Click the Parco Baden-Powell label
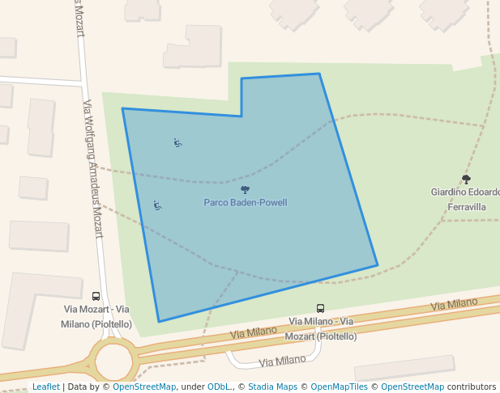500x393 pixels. click(x=245, y=203)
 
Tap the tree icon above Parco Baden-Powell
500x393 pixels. click(x=245, y=190)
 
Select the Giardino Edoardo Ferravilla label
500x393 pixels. click(x=464, y=199)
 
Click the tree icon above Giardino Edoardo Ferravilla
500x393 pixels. click(x=466, y=180)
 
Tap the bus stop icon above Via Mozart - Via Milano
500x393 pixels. click(x=96, y=297)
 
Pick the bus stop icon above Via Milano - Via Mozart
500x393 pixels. click(x=320, y=308)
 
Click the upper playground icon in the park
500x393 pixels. click(x=177, y=143)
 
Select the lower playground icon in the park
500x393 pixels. click(x=157, y=205)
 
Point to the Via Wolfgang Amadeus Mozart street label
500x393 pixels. click(x=93, y=168)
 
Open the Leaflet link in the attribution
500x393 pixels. click(x=45, y=387)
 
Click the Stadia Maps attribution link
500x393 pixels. click(x=271, y=387)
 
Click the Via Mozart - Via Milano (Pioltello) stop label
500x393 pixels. click(x=96, y=317)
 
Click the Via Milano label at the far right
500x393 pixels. click(x=455, y=304)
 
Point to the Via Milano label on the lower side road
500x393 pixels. click(x=282, y=361)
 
